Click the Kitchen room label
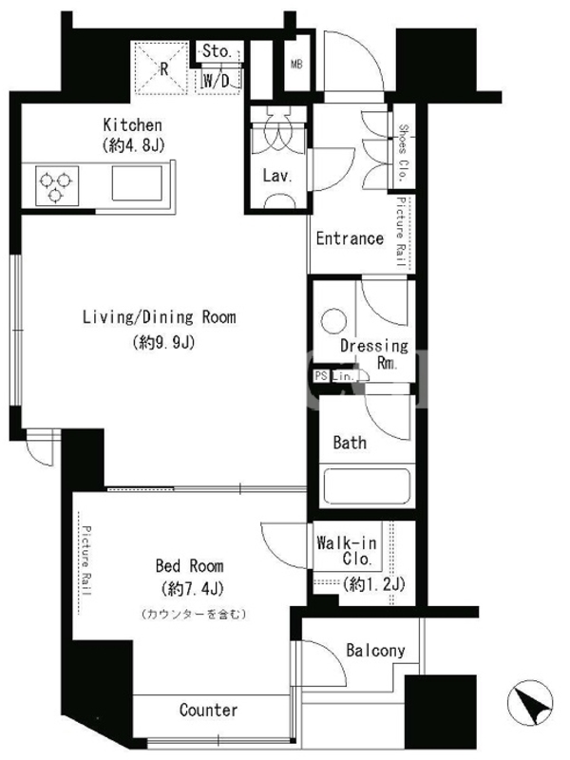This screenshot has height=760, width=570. pyautogui.click(x=132, y=125)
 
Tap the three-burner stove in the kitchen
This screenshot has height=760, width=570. pyautogui.click(x=57, y=185)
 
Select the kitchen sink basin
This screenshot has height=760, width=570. pyautogui.click(x=137, y=183)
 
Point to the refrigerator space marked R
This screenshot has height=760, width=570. pyautogui.click(x=161, y=68)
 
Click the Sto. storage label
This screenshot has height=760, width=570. pyautogui.click(x=217, y=51)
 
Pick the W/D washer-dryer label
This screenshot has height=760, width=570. pyautogui.click(x=217, y=81)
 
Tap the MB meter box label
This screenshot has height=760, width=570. pyautogui.click(x=296, y=64)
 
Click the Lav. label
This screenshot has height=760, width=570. pyautogui.click(x=277, y=176)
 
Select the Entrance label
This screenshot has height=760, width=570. pyautogui.click(x=350, y=238)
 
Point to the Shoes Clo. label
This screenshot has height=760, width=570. pyautogui.click(x=403, y=153)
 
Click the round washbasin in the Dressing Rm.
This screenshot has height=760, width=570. pyautogui.click(x=334, y=321)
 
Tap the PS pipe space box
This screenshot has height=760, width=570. pyautogui.click(x=321, y=375)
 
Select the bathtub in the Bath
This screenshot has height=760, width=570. pyautogui.click(x=367, y=486)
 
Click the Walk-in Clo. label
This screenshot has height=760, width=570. pyautogui.click(x=347, y=550)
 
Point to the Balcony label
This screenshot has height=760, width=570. pyautogui.click(x=375, y=650)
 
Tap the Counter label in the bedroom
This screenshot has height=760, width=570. pyautogui.click(x=208, y=710)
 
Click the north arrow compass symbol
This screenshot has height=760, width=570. pyautogui.click(x=530, y=702)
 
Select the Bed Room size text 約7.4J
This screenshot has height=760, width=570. pyautogui.click(x=193, y=589)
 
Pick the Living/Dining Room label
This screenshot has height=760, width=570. pyautogui.click(x=160, y=317)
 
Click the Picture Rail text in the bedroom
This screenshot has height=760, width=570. pyautogui.click(x=86, y=560)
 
